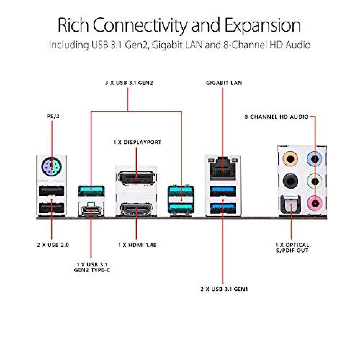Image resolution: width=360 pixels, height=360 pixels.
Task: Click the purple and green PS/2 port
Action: (51, 166)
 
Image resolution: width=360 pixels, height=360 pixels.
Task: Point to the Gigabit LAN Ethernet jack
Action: (223, 168)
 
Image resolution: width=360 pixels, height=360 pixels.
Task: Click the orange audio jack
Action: (290, 158)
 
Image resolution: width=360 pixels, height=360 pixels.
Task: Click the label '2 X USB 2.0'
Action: (53, 245)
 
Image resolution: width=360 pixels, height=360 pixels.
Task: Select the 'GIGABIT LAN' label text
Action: (224, 83)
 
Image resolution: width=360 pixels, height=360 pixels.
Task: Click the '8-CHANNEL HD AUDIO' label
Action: (276, 117)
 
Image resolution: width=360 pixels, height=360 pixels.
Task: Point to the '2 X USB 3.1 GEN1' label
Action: (224, 289)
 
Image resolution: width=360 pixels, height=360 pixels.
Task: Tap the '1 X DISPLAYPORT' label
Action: (137, 142)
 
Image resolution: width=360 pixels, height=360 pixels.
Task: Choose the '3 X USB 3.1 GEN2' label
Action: (128, 83)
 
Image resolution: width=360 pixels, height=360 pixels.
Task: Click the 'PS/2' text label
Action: (52, 117)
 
